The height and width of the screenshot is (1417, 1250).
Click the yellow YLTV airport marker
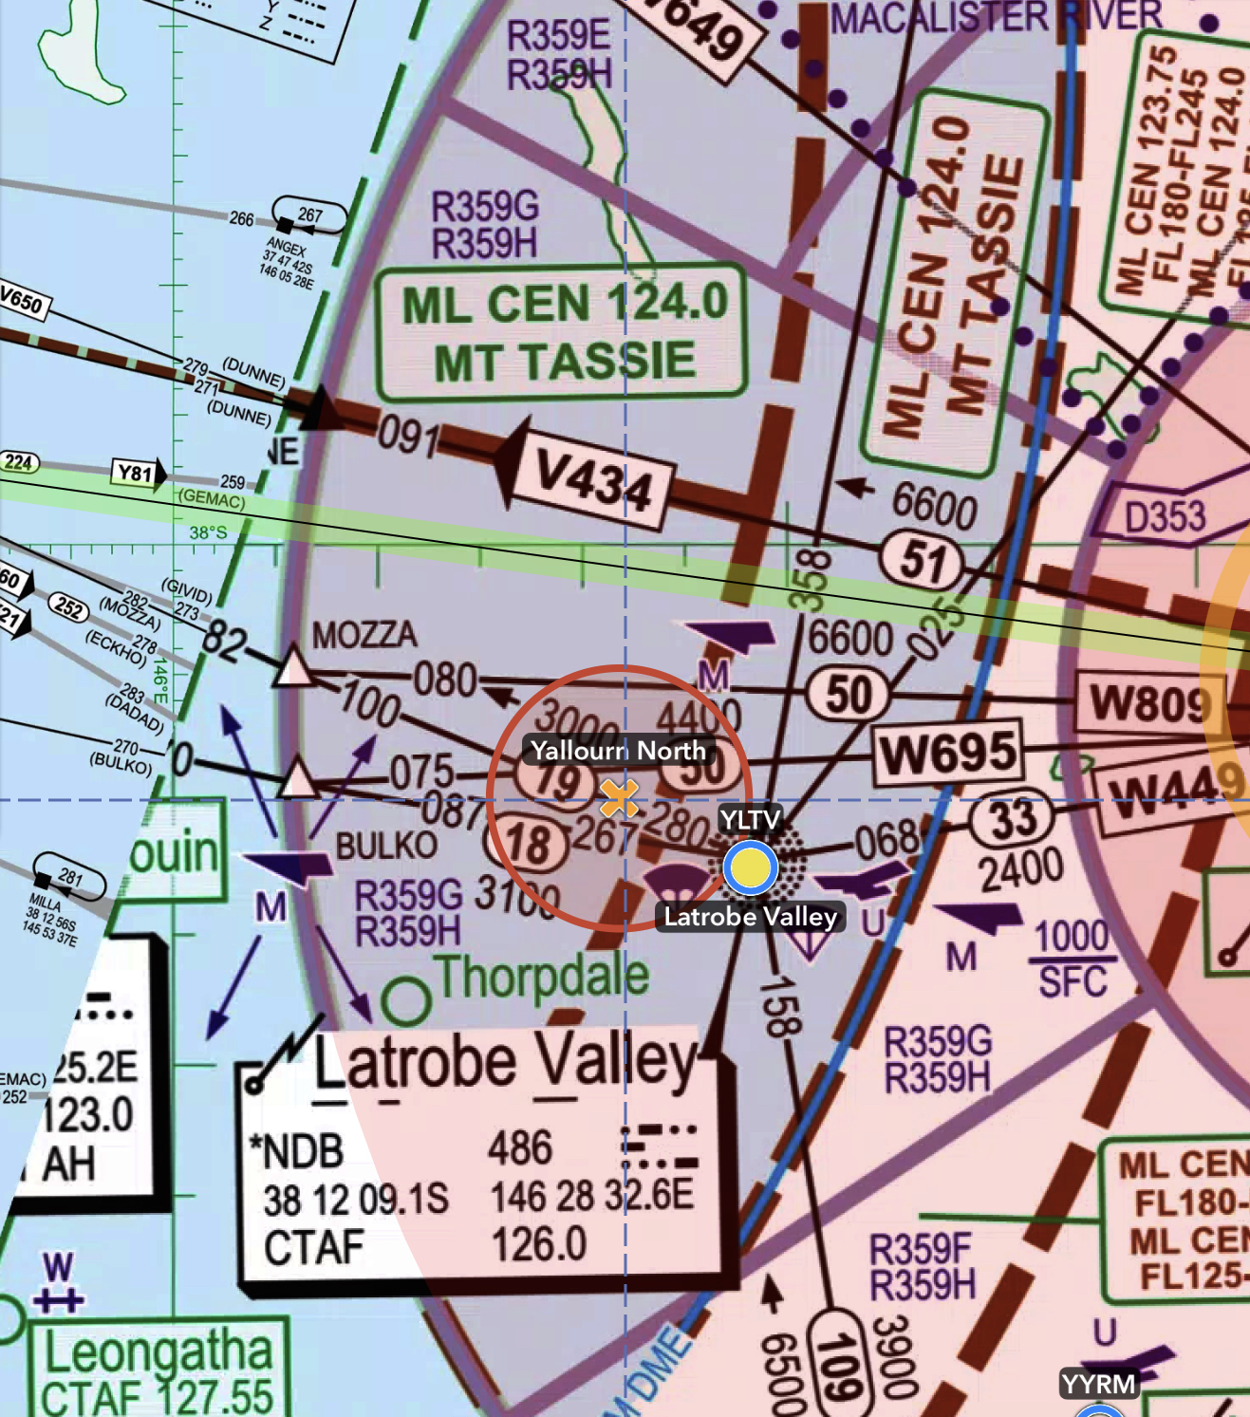coord(750,867)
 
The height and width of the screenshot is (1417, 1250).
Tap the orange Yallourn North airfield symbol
coord(619,797)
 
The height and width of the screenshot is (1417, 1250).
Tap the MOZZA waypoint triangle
coord(293,666)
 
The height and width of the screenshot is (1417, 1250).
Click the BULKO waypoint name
coord(386,845)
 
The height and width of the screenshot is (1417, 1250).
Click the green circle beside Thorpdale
coord(406,1000)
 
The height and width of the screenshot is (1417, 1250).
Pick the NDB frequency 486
coord(520,1147)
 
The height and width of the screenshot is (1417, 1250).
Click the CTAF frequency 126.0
coord(539,1244)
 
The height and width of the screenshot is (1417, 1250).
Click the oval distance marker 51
coord(923,560)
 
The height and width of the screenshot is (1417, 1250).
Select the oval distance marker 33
coord(1013,819)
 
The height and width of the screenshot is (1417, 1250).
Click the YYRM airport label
coord(1099,1384)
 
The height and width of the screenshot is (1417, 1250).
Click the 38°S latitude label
coord(208,532)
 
